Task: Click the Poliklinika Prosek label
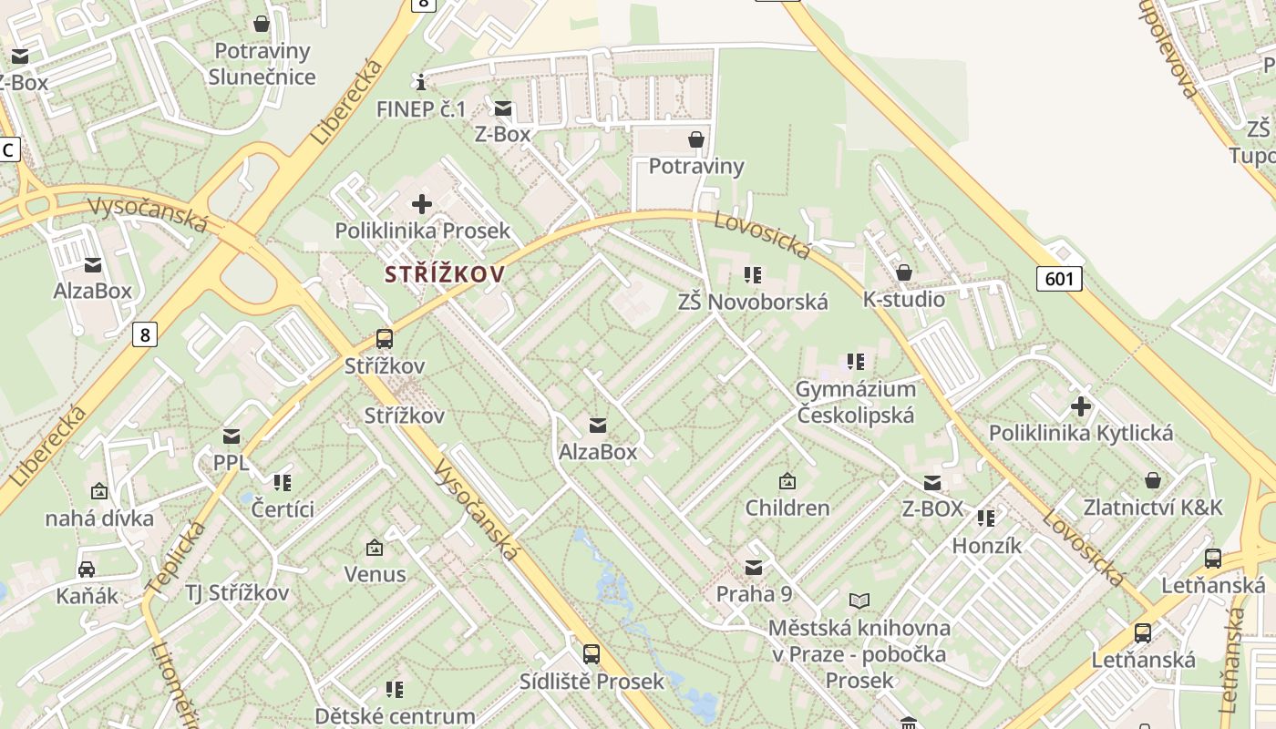click(x=422, y=231)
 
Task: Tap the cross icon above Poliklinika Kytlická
click(x=1081, y=406)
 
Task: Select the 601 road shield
click(x=1059, y=278)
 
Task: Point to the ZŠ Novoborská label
click(x=753, y=302)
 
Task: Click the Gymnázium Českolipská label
click(x=855, y=402)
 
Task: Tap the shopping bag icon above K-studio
click(x=904, y=272)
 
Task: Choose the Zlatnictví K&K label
click(x=1153, y=507)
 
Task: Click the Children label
click(x=787, y=508)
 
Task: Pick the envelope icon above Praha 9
click(x=754, y=569)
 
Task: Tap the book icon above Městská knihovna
click(x=859, y=601)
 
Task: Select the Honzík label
click(x=987, y=545)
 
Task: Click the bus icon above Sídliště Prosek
click(x=592, y=653)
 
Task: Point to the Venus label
click(x=375, y=574)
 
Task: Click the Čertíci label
click(x=283, y=508)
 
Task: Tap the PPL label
click(x=231, y=462)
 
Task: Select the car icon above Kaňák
click(x=87, y=570)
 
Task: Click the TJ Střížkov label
click(x=237, y=593)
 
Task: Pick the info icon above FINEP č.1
click(x=420, y=83)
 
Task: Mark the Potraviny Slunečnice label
click(x=262, y=64)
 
